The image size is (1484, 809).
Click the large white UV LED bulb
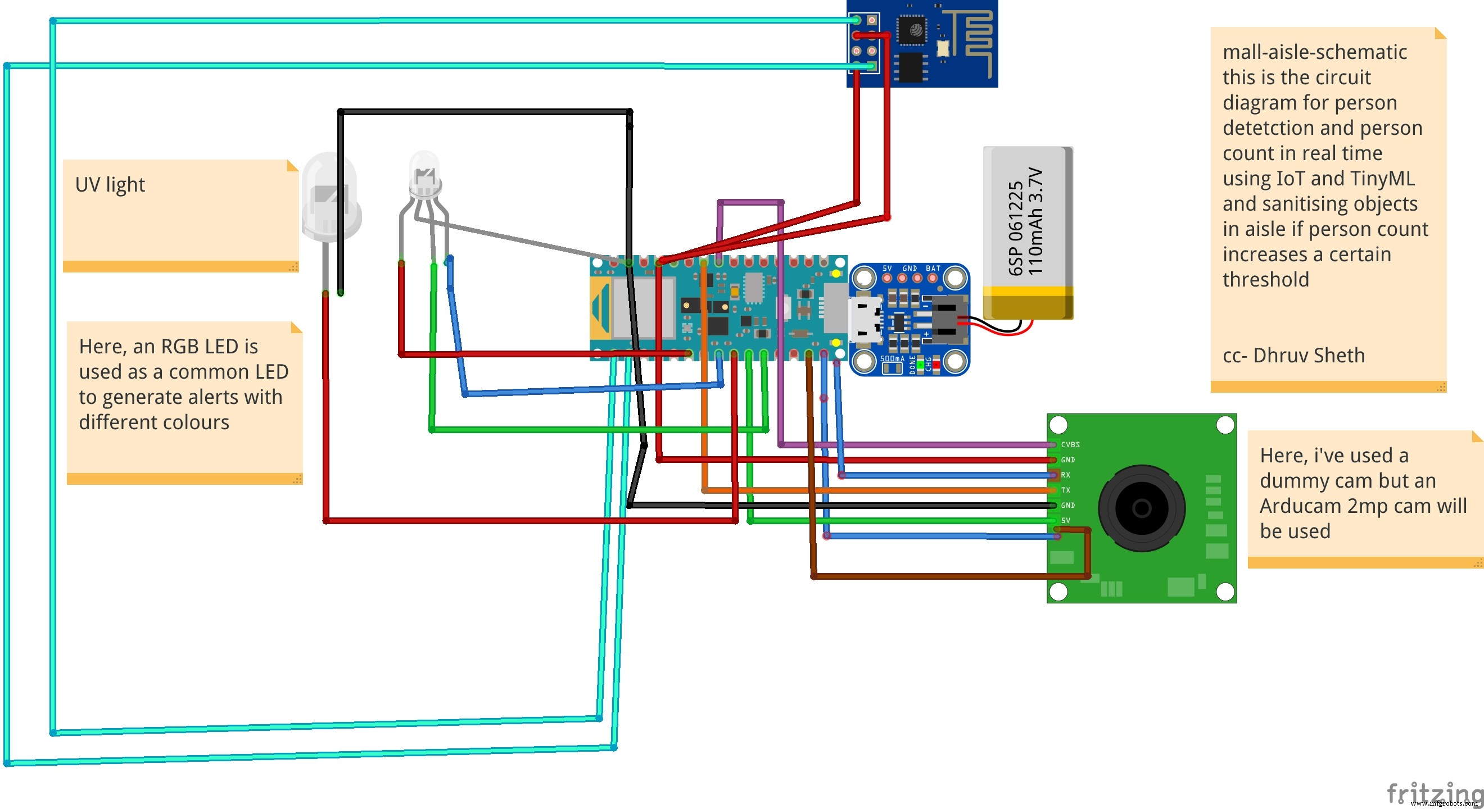click(x=330, y=196)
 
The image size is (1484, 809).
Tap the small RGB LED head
click(x=424, y=172)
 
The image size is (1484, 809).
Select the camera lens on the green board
click(x=1141, y=508)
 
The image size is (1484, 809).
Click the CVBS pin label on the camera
click(x=1070, y=444)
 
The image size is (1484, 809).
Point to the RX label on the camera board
click(x=1065, y=475)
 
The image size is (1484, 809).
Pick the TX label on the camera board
click(x=1065, y=490)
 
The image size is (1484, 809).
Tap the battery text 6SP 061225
click(x=1015, y=228)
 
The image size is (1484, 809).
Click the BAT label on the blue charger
click(x=933, y=269)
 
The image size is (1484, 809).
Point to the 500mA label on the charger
click(x=892, y=359)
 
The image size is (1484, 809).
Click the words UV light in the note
click(x=110, y=185)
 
